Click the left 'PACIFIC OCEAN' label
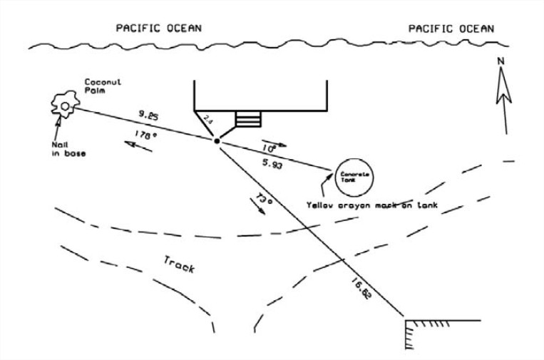159,28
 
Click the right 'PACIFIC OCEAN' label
451,28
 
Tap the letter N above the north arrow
501,62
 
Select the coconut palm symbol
65,106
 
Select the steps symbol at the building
248,118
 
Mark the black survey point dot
217,141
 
